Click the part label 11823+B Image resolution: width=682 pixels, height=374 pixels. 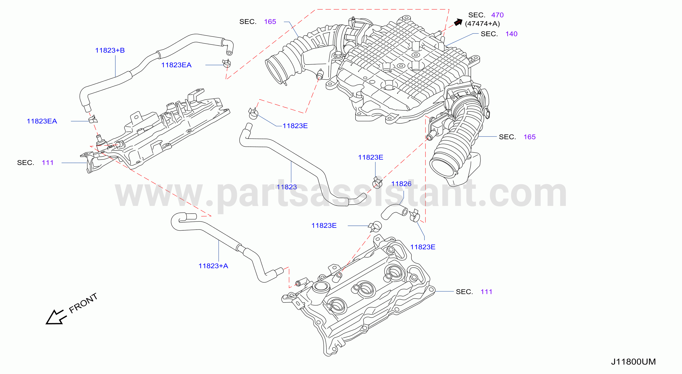tap(110, 50)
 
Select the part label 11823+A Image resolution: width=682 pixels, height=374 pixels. tap(213, 266)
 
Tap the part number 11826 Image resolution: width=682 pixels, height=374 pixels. tap(401, 184)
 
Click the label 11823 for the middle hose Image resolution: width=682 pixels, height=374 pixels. tap(287, 187)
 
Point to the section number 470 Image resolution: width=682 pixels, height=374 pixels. tap(497, 15)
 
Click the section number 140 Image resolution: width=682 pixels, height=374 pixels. tap(511, 34)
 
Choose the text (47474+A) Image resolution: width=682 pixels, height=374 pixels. tap(482, 24)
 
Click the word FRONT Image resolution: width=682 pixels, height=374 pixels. tap(83, 303)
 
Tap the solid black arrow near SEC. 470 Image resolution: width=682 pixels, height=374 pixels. tap(458, 22)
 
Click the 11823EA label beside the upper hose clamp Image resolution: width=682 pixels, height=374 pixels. tap(176, 65)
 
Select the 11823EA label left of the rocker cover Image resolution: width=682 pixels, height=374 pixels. tap(42, 121)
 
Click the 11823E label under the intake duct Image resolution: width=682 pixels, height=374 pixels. tap(295, 126)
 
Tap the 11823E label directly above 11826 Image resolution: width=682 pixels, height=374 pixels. tap(370, 157)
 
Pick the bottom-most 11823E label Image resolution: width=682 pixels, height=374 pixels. tap(422, 247)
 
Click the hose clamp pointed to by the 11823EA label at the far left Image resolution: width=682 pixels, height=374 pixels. tap(93, 119)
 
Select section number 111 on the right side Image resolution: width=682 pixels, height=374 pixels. tap(486, 292)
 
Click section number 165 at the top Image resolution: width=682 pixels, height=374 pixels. tap(270, 21)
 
